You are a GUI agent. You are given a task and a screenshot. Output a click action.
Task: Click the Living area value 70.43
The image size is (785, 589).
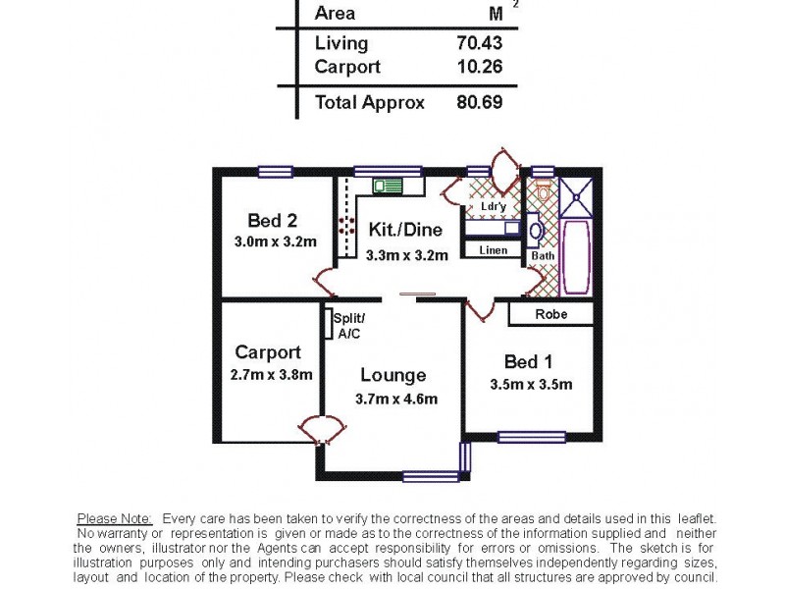click(479, 43)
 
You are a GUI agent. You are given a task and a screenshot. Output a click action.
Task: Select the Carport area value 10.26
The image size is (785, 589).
click(479, 68)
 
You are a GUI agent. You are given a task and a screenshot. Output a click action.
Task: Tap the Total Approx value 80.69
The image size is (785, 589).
click(479, 102)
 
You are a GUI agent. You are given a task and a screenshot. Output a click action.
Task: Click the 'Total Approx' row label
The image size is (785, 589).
click(370, 102)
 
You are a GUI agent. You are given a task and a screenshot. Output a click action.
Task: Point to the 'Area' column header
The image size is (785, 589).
click(335, 14)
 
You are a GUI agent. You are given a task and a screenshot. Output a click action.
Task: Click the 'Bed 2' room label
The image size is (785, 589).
click(272, 220)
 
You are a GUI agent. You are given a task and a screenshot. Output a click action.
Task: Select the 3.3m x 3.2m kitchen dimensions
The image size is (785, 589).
click(406, 255)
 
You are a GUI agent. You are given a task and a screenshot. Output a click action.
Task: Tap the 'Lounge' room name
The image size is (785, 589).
click(392, 375)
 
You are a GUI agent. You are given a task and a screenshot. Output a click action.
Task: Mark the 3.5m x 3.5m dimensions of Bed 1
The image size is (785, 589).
click(531, 384)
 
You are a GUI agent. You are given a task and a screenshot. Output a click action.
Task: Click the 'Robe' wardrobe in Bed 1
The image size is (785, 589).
click(550, 315)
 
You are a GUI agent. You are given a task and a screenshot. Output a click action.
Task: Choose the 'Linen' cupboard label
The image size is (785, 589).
click(494, 250)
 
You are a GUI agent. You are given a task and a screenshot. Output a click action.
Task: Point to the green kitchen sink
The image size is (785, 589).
click(388, 185)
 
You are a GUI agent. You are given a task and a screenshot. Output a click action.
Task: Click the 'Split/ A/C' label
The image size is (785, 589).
click(349, 326)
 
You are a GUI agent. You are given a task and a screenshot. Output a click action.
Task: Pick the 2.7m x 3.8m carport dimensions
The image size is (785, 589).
click(271, 374)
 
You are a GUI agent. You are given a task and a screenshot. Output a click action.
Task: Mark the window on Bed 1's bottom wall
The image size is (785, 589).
click(531, 437)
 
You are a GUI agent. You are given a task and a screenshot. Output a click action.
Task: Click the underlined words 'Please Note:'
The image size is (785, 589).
click(114, 518)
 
